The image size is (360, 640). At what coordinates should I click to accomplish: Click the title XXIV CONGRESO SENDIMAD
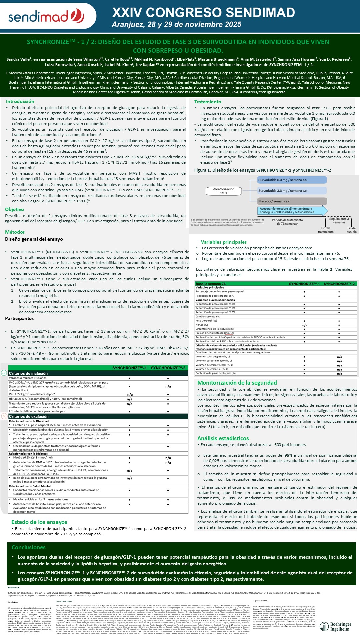coord(203,13)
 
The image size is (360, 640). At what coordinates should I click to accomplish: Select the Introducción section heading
coord(20,101)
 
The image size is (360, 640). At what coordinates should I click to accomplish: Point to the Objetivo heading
coord(14,209)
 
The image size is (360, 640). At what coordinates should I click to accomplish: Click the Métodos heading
coord(15,232)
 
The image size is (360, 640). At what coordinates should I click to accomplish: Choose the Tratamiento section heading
coord(208,102)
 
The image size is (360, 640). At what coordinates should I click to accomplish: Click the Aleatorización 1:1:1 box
coord(224,191)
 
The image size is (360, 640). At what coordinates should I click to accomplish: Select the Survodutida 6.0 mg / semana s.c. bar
coord(292,180)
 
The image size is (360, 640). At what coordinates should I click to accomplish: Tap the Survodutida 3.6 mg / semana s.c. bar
coord(292,191)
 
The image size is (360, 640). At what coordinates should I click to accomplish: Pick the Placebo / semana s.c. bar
coord(292,201)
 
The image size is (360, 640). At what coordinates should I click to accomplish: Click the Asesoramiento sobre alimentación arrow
coord(292,210)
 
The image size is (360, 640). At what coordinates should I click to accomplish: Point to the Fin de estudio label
coord(351,230)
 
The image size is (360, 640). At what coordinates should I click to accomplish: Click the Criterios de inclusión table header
coord(28,373)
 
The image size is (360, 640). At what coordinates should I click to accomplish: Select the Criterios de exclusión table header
coord(29,416)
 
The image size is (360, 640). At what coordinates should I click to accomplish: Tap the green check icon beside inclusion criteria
coord(4,373)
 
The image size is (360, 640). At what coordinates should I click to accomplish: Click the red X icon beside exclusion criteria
coord(4,416)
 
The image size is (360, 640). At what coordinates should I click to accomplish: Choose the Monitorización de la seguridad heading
coord(237,383)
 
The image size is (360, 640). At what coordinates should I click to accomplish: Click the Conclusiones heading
coord(29,547)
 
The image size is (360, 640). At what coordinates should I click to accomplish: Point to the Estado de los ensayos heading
coord(39,522)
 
